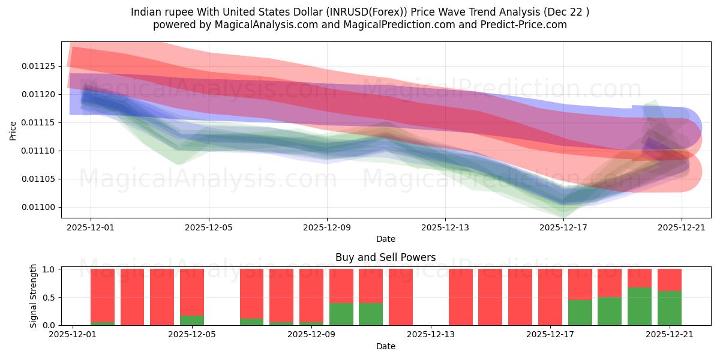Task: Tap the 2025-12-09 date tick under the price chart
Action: (327, 228)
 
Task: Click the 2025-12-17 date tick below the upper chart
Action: (563, 228)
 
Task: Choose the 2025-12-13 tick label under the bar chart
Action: (431, 335)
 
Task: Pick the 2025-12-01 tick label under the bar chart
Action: (73, 335)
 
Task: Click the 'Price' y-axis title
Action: (13, 130)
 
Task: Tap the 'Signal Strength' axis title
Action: (34, 296)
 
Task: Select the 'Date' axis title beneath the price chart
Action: (386, 239)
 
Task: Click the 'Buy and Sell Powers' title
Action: (386, 257)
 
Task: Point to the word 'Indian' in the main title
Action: (146, 11)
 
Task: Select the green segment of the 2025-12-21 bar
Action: (670, 308)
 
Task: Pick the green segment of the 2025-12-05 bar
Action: (192, 320)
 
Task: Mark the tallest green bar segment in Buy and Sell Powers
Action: (640, 306)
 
